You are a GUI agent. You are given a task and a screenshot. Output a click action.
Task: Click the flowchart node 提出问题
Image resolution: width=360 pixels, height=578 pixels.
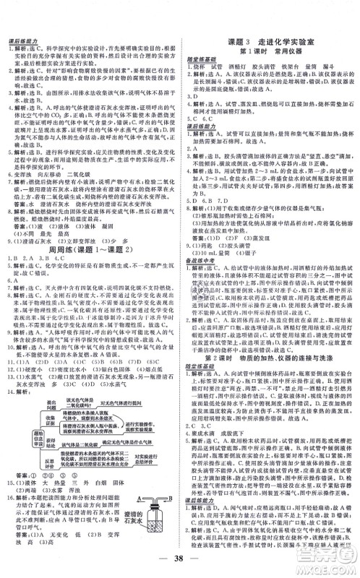[51, 400]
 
